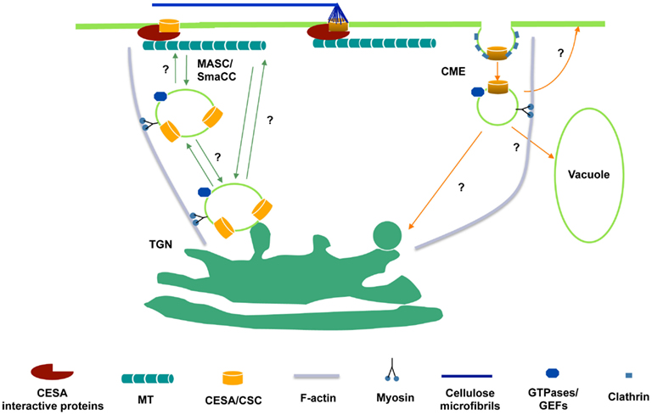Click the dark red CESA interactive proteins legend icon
click(x=52, y=371)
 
